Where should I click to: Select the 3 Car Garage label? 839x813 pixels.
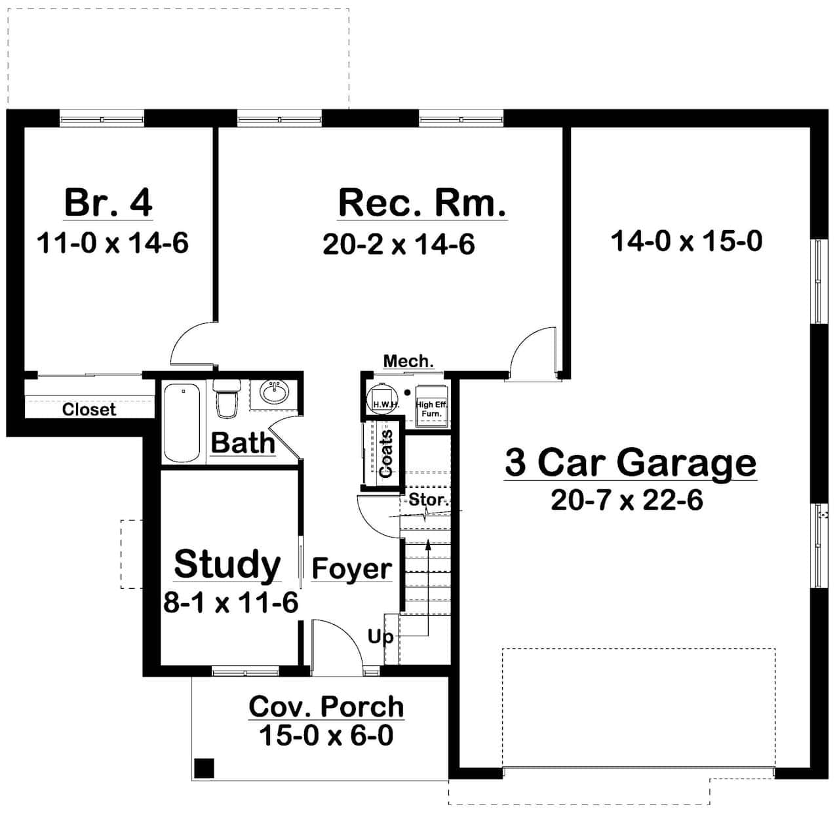[x=630, y=462]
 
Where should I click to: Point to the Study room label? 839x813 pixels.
[x=227, y=564]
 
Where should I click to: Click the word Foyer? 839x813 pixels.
[x=351, y=569]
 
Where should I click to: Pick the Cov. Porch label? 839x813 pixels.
[x=326, y=707]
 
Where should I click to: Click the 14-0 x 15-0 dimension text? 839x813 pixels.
[x=686, y=241]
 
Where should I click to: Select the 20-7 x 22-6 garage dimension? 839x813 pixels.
[x=627, y=500]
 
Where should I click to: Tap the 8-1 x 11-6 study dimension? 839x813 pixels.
[x=231, y=603]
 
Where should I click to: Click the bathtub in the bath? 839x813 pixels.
[x=182, y=423]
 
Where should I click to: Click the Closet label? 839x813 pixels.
[x=88, y=410]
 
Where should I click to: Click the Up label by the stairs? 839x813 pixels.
[x=380, y=636]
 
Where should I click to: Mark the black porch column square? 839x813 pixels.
[x=205, y=766]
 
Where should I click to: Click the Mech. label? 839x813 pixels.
[x=408, y=361]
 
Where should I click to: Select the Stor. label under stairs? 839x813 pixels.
[x=428, y=500]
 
